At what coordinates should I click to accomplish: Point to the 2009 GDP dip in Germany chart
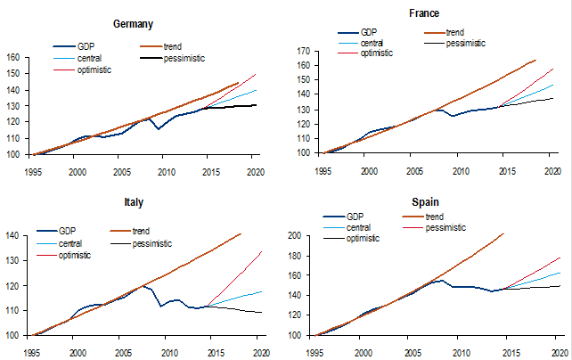pos(159,129)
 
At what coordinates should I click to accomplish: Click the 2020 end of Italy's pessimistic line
pos(258,312)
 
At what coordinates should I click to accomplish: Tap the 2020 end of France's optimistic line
pos(552,69)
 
